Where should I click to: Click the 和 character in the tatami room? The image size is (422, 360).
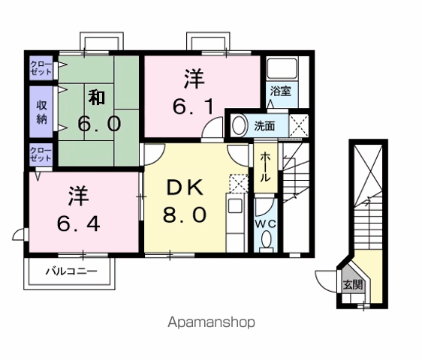95,97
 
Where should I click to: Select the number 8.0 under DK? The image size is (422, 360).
185,215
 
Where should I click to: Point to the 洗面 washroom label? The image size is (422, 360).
264,126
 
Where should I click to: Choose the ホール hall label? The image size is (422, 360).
265,167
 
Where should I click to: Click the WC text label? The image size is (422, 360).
267,223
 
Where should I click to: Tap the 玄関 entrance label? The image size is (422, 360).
352,285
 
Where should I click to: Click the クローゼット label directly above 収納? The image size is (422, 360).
41,68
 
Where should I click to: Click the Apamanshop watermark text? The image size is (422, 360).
211,322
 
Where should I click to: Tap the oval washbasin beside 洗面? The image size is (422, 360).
237,125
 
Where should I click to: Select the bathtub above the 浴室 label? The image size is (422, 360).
282,70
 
